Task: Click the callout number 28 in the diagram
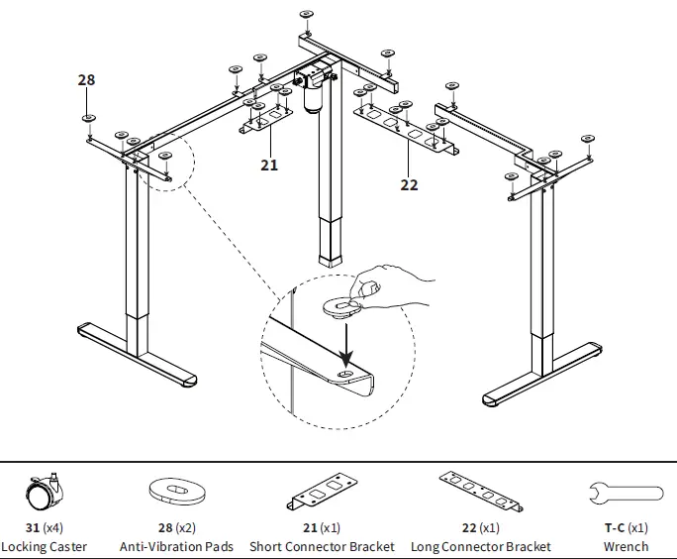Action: pyautogui.click(x=86, y=80)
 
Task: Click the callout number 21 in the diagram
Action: pyautogui.click(x=269, y=165)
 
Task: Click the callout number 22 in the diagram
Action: pyautogui.click(x=409, y=184)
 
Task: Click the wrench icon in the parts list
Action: pyautogui.click(x=625, y=493)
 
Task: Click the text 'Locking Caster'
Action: pyautogui.click(x=44, y=546)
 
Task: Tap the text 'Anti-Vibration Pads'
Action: pyautogui.click(x=176, y=546)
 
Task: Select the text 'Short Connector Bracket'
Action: pyautogui.click(x=322, y=546)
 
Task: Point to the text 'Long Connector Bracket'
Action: pyautogui.click(x=481, y=546)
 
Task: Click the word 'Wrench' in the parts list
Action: pyautogui.click(x=626, y=546)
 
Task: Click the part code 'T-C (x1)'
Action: pyautogui.click(x=626, y=528)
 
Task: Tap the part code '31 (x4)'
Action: pyautogui.click(x=44, y=528)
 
